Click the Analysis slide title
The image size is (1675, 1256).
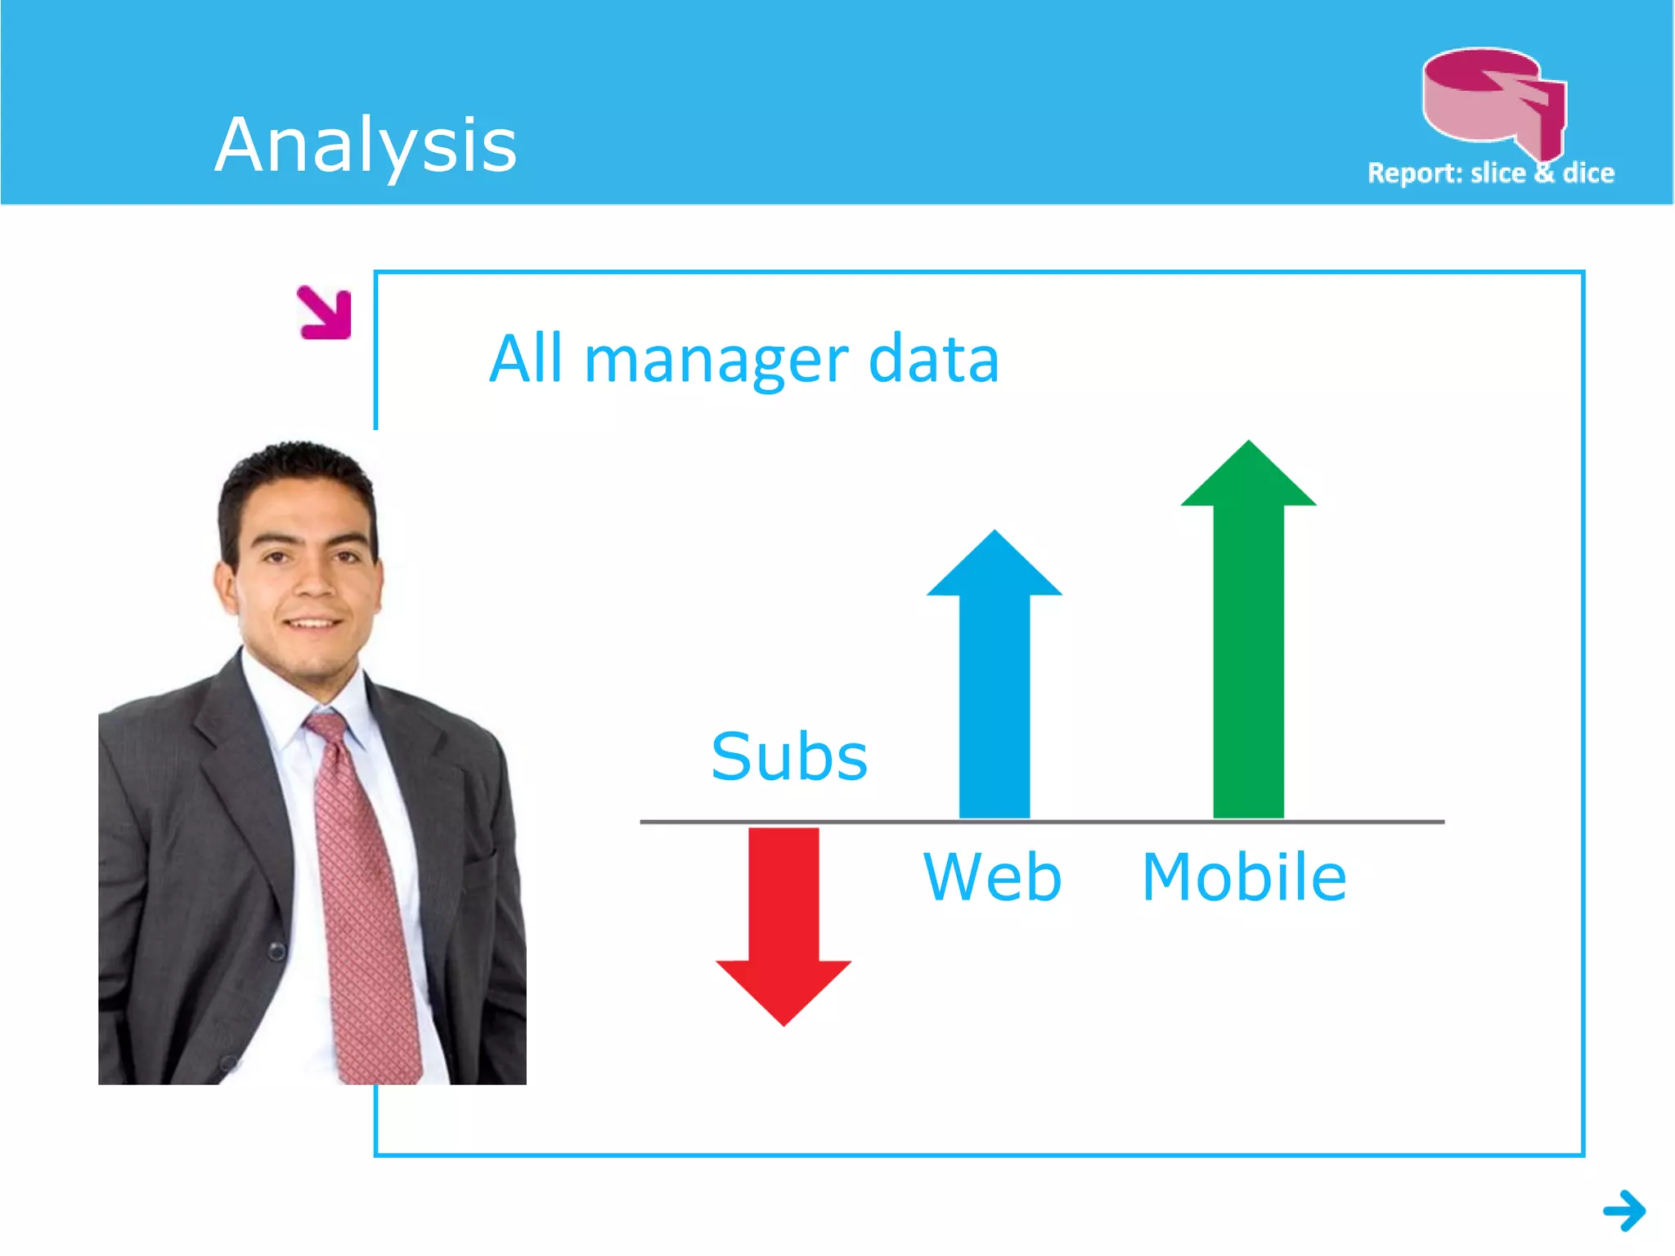pyautogui.click(x=366, y=146)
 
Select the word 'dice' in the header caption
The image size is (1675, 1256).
pyautogui.click(x=1588, y=173)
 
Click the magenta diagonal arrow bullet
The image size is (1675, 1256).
pyautogui.click(x=326, y=312)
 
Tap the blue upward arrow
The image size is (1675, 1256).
pyautogui.click(x=994, y=679)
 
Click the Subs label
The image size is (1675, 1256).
pyautogui.click(x=789, y=756)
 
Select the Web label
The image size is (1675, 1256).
pyautogui.click(x=992, y=877)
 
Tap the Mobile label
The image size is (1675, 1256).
pyautogui.click(x=1244, y=877)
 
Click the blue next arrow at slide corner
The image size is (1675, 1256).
pyautogui.click(x=1624, y=1210)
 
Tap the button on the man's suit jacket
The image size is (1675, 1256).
pyautogui.click(x=278, y=950)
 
